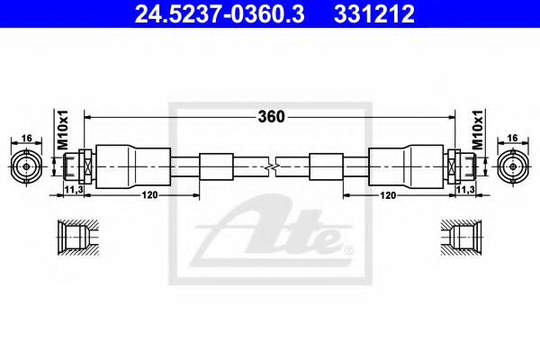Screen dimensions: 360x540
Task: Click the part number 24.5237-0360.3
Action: [x=202, y=13]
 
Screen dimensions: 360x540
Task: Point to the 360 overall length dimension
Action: [x=271, y=116]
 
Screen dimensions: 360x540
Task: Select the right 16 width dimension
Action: [x=514, y=139]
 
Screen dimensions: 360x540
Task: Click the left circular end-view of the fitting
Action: [x=26, y=167]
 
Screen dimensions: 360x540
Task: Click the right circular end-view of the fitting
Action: [x=513, y=167]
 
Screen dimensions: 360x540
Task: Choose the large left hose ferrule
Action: [x=122, y=167]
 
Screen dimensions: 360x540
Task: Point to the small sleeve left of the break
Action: [x=215, y=167]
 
